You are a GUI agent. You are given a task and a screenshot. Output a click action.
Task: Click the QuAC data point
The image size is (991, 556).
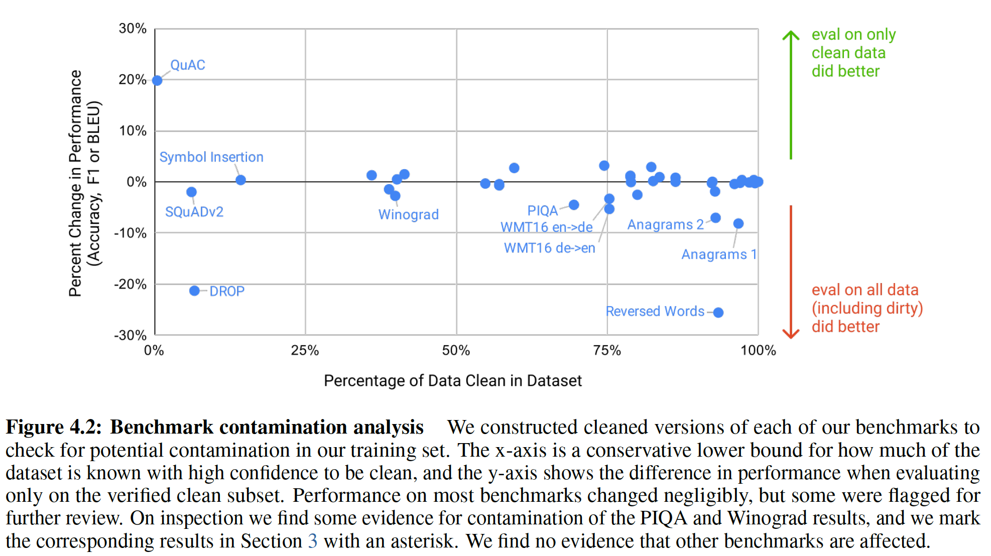click(x=157, y=80)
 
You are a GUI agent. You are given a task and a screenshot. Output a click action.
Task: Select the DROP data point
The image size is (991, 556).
click(x=194, y=291)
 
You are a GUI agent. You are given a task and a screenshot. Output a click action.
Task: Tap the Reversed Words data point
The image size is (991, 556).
click(x=718, y=312)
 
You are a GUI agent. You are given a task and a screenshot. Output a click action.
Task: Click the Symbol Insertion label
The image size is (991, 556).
click(x=211, y=157)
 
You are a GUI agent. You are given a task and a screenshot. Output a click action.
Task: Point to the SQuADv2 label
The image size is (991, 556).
click(x=194, y=212)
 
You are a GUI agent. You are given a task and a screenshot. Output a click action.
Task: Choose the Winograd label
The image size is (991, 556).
click(x=408, y=214)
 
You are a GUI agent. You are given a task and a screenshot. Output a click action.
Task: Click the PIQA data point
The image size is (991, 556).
click(x=574, y=205)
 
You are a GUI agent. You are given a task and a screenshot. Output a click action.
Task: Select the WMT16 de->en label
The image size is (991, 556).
click(x=549, y=248)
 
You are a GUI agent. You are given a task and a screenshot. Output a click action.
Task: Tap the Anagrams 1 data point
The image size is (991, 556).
click(x=738, y=223)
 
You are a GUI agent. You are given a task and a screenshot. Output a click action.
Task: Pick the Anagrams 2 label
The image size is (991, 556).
click(x=665, y=224)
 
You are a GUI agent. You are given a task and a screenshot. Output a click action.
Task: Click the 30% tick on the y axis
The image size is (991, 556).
click(x=133, y=29)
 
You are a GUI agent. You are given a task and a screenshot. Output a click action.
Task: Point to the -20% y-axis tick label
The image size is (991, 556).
click(x=131, y=285)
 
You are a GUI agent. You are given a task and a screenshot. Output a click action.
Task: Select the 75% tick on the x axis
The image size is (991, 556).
click(x=607, y=350)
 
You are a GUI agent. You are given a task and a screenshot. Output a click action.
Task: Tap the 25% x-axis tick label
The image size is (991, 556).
click(x=305, y=350)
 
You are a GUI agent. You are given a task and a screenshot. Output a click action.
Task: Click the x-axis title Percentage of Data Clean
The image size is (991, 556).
click(x=452, y=381)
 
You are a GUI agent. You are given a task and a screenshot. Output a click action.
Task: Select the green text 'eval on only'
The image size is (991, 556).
click(x=853, y=35)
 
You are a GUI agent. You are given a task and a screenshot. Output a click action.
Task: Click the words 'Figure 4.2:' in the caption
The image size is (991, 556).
click(x=54, y=427)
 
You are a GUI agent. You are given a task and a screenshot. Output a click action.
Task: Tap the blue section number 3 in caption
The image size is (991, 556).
click(x=312, y=541)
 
